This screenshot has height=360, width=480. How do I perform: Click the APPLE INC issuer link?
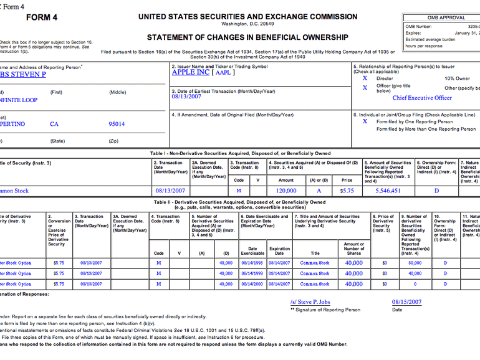click(191, 72)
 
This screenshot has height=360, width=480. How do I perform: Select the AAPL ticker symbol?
click(222, 73)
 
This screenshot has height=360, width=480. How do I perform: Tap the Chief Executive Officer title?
click(422, 98)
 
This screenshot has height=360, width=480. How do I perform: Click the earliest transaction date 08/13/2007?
click(188, 97)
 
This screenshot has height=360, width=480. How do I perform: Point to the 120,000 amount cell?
click(286, 191)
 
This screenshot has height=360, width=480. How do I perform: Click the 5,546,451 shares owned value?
click(388, 191)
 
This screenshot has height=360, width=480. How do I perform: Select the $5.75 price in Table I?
click(347, 191)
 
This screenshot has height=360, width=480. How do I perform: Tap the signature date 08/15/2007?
click(406, 301)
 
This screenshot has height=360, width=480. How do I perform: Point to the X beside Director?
click(365, 78)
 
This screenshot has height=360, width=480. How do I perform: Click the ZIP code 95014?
click(117, 124)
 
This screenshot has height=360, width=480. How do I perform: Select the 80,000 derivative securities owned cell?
click(415, 263)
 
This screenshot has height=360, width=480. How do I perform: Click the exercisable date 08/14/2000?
click(253, 284)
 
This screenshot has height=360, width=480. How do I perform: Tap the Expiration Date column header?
click(279, 251)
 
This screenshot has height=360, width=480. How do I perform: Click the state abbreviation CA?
click(55, 124)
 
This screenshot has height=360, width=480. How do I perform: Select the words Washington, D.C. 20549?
click(247, 24)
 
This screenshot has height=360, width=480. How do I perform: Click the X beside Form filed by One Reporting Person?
click(365, 121)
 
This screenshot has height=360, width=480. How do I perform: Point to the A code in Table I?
click(319, 191)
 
